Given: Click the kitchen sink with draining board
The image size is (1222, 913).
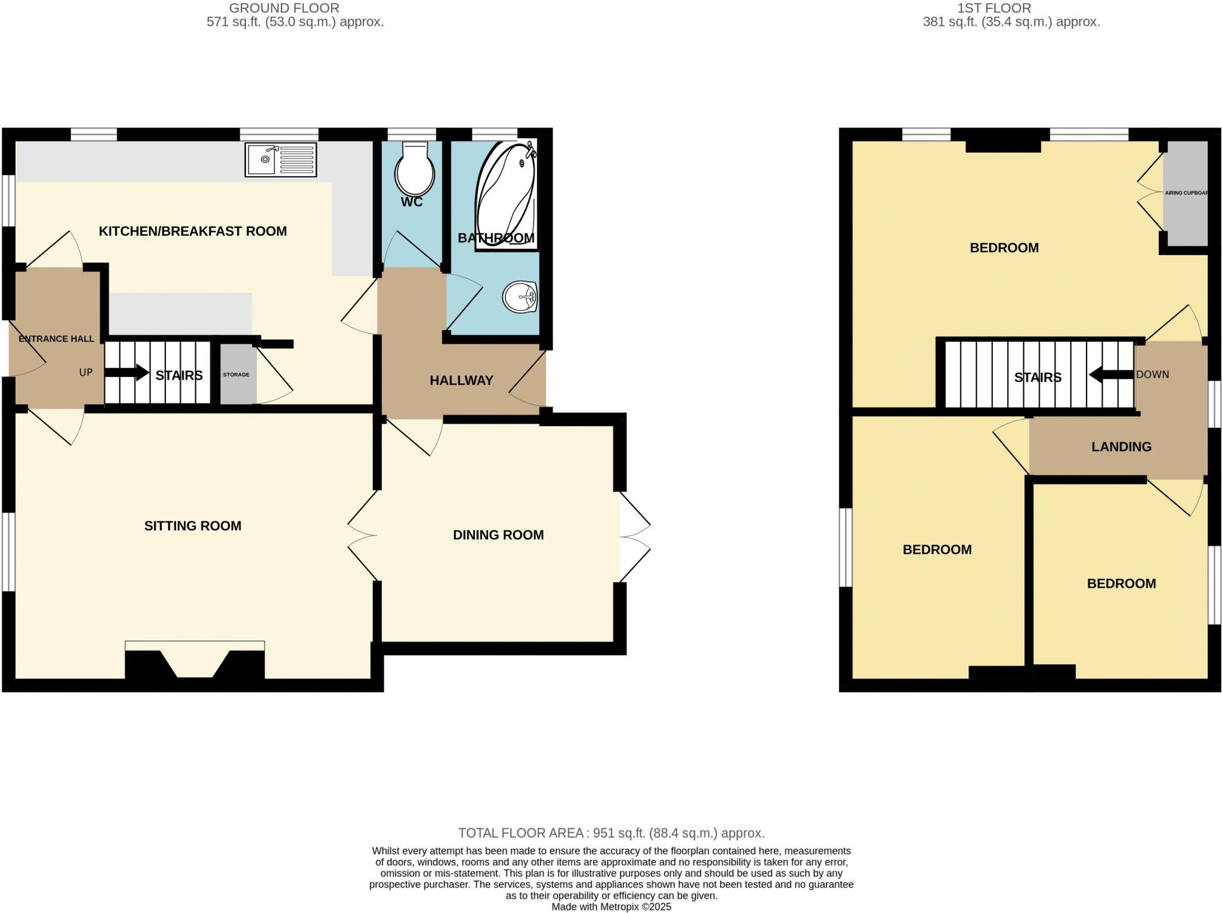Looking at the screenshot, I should (x=280, y=159).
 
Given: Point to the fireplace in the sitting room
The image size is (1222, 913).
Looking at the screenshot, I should (x=195, y=662).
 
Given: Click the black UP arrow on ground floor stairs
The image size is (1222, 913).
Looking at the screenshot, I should (x=127, y=373).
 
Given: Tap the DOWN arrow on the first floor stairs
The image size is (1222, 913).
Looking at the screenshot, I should (x=1110, y=375).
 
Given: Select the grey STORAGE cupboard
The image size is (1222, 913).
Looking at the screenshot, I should (x=237, y=375).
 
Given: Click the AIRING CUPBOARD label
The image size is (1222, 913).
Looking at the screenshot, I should (x=1186, y=193).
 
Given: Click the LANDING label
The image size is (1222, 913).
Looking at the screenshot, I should (x=1121, y=447).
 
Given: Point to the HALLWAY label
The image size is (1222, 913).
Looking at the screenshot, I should (x=461, y=381).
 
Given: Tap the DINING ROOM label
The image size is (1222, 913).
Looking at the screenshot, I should (x=498, y=535).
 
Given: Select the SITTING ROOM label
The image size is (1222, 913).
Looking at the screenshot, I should (x=193, y=526).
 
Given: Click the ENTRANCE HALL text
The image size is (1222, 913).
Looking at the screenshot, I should (x=56, y=339).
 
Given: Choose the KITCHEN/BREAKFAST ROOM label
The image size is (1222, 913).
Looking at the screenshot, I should (x=193, y=232).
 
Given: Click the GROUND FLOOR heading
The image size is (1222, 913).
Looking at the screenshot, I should (x=284, y=8).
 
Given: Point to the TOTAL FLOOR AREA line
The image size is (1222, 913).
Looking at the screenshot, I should (x=611, y=833).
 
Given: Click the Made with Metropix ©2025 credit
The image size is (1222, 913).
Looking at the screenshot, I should (x=611, y=907).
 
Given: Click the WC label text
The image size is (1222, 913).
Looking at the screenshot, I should (x=412, y=202).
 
